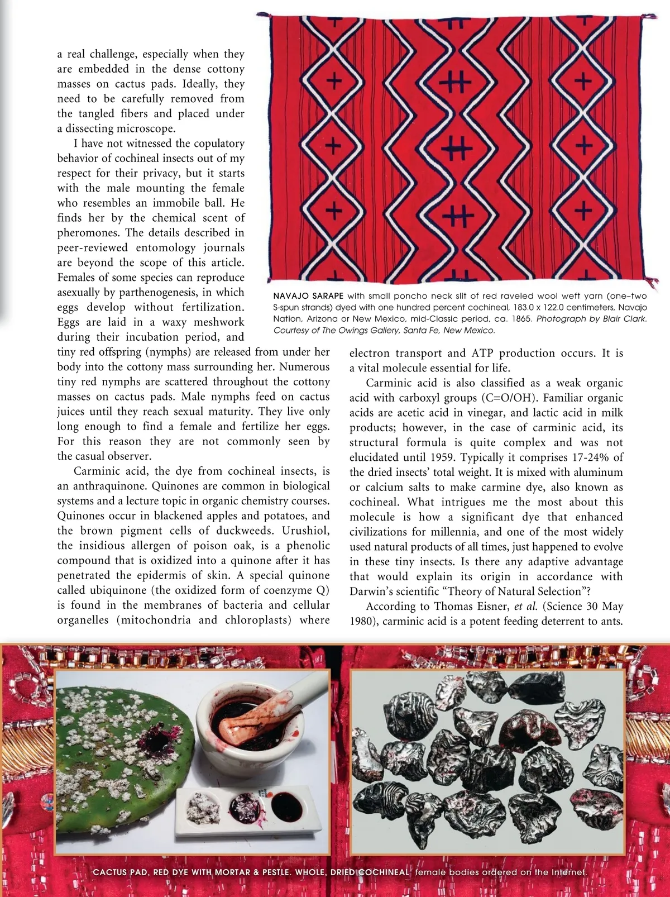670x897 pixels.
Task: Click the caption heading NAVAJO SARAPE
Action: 308,296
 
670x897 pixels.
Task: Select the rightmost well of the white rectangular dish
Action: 286,805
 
